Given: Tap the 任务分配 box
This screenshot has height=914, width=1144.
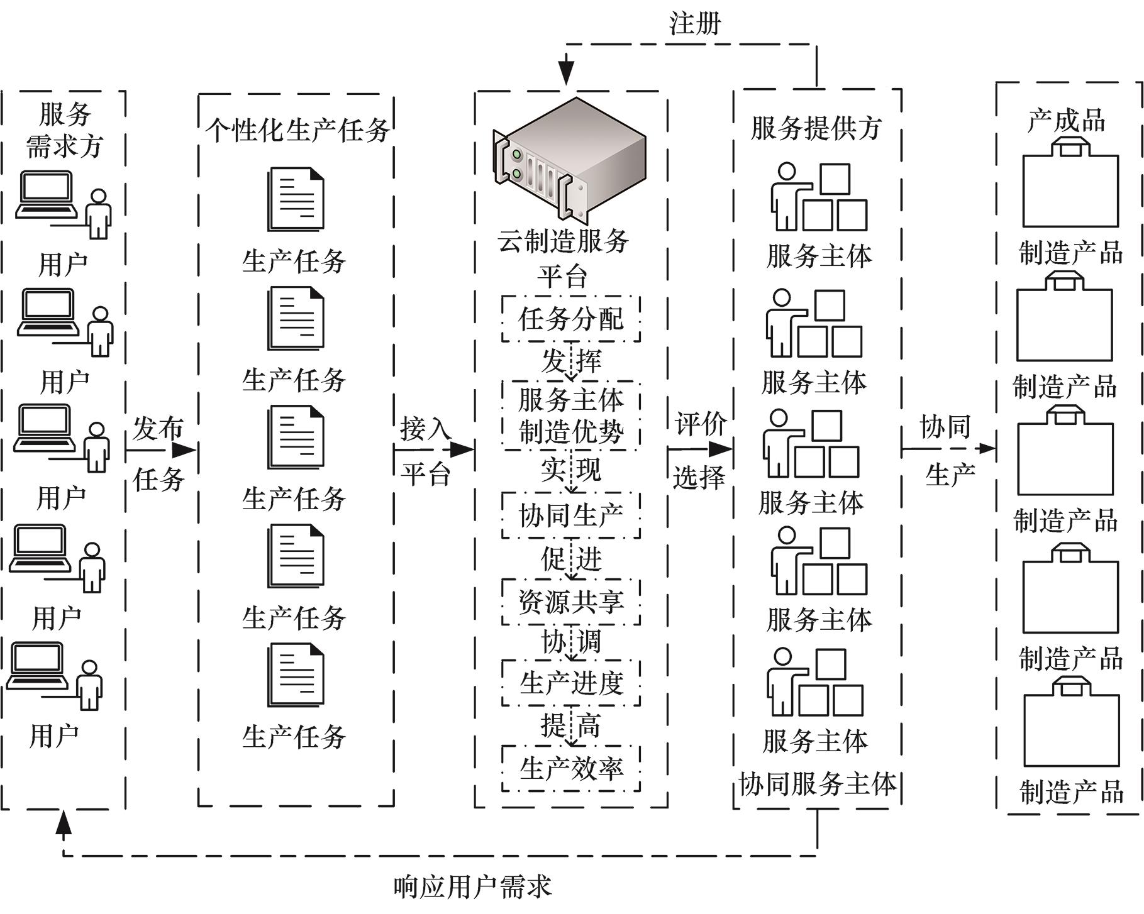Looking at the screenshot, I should pos(570,319).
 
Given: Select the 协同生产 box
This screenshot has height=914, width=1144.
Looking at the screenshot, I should pos(570,515).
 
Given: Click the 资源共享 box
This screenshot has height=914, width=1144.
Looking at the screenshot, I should pos(570,602).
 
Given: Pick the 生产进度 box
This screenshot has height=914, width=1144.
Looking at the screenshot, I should pos(570,683).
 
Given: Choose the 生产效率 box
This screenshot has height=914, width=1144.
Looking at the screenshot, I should pos(570,768).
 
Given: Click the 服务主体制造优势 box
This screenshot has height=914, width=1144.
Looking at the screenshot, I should pos(570,416).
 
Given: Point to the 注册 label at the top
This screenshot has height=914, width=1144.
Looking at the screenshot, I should pos(694,23).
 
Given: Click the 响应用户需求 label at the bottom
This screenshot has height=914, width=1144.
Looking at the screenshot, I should pos(472,887).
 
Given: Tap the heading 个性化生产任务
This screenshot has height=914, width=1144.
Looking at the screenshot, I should pos(297,130).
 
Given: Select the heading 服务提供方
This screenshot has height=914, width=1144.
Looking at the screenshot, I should pos(816,128).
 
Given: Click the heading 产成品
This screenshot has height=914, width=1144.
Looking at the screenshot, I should pos(1067,120).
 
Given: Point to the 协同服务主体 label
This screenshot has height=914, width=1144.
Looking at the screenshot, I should pos(818,785).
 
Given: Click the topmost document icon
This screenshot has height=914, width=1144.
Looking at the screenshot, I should pos(296,199).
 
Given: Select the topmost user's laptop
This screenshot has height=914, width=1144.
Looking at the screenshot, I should pos(45,195).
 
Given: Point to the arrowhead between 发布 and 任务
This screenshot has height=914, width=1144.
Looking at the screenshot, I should pos(184,450).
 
